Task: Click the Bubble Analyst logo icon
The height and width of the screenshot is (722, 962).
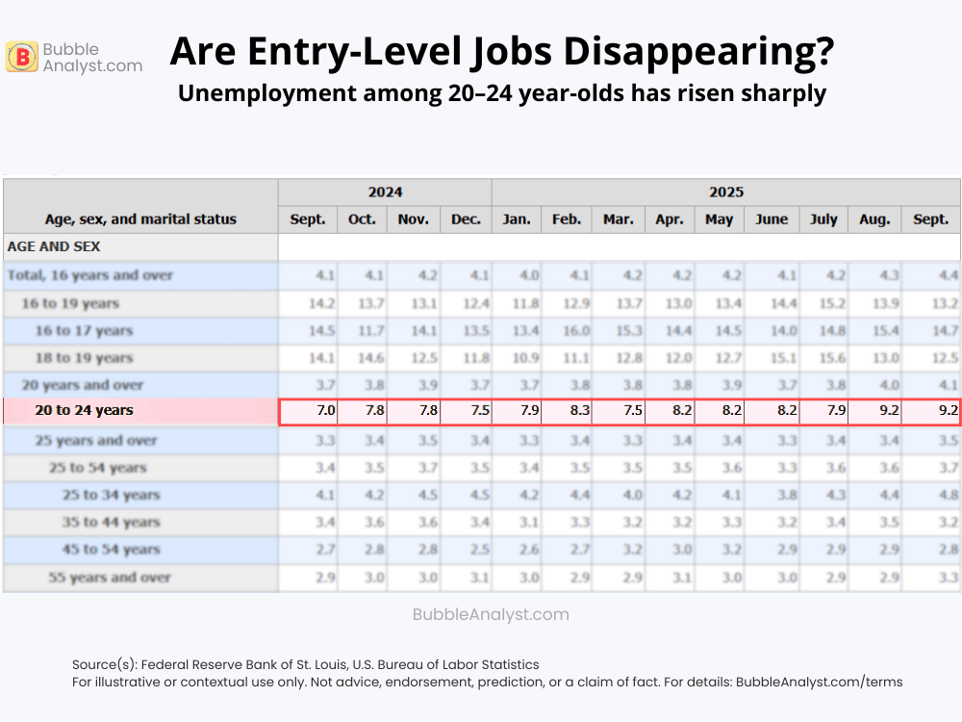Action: (x=21, y=58)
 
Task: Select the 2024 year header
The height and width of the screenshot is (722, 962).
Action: (x=385, y=192)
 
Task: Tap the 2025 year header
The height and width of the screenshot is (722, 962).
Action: (x=726, y=192)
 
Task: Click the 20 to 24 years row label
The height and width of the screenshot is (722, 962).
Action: (x=84, y=410)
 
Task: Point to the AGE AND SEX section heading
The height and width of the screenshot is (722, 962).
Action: (x=54, y=246)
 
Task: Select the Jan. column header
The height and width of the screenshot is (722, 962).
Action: (x=517, y=219)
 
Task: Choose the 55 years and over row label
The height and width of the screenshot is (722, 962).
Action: (x=110, y=578)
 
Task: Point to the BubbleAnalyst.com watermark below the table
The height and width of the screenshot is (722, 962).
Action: (x=491, y=614)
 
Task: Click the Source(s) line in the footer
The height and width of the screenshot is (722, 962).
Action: (x=305, y=664)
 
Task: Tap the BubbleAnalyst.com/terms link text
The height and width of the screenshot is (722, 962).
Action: (x=819, y=682)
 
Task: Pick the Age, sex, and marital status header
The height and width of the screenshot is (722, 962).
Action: (x=140, y=219)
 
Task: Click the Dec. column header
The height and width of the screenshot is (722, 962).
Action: (x=466, y=219)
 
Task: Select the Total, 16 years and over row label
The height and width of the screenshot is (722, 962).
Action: (x=90, y=275)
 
